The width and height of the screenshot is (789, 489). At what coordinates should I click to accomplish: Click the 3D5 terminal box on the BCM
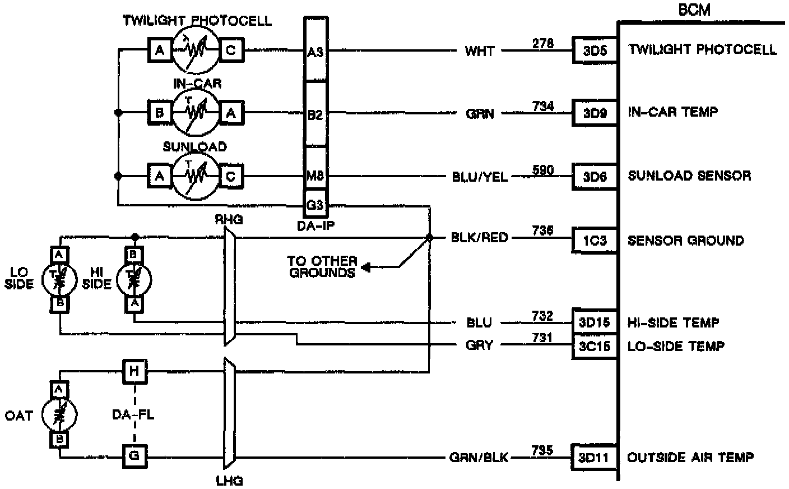pyautogui.click(x=595, y=50)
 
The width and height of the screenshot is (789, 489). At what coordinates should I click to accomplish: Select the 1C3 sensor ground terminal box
pyautogui.click(x=595, y=241)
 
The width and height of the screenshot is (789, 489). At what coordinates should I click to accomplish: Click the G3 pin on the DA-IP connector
pyautogui.click(x=315, y=205)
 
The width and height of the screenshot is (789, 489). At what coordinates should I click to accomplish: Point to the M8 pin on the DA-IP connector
pyautogui.click(x=315, y=176)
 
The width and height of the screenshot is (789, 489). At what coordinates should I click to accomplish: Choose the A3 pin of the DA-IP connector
pyautogui.click(x=315, y=52)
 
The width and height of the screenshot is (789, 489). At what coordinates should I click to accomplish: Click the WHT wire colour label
pyautogui.click(x=480, y=52)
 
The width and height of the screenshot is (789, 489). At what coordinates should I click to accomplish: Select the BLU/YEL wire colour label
pyautogui.click(x=480, y=177)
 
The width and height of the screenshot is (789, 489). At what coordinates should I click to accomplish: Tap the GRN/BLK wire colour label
pyautogui.click(x=479, y=458)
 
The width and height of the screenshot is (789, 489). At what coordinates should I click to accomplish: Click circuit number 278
pyautogui.click(x=542, y=43)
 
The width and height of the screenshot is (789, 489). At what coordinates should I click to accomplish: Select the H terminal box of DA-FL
pyautogui.click(x=134, y=370)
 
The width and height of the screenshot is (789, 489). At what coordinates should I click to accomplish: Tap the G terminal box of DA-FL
pyautogui.click(x=134, y=456)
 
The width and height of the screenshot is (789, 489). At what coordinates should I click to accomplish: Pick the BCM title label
pyautogui.click(x=694, y=10)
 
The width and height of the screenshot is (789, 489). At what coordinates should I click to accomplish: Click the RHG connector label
pyautogui.click(x=229, y=220)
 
